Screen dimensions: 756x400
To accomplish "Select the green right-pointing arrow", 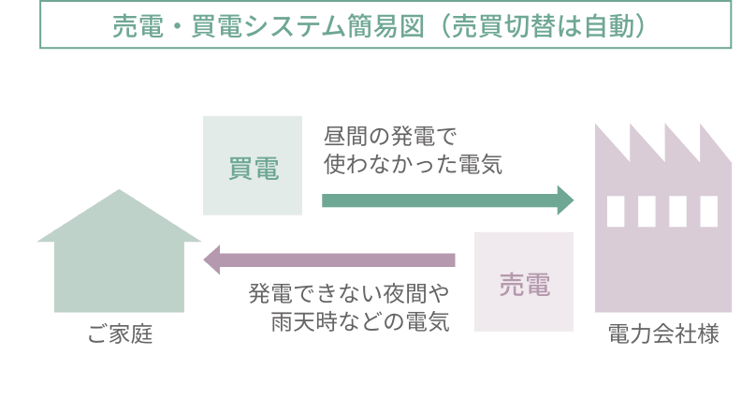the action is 447,200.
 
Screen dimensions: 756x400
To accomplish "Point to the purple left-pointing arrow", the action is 329,260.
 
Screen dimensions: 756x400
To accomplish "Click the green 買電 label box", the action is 253,166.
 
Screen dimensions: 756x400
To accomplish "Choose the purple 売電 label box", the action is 524,282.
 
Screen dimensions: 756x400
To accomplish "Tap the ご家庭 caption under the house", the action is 120,333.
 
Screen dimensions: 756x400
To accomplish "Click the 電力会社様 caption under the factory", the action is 663,333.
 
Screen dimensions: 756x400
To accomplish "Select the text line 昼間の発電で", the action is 390,137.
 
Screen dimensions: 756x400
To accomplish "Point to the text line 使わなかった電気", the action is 414,164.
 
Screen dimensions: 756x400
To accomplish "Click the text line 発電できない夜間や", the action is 349,293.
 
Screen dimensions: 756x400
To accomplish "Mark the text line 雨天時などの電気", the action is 360,321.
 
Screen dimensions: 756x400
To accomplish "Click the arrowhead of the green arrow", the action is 565,200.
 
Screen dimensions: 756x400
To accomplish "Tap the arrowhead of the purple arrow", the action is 211,260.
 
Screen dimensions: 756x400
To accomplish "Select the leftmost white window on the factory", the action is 616,212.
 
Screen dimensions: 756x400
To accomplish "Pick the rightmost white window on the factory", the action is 709,212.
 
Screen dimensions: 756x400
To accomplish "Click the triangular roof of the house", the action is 119,219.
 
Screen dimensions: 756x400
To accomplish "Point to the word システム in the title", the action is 295,26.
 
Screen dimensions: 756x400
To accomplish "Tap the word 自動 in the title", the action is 609,26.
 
